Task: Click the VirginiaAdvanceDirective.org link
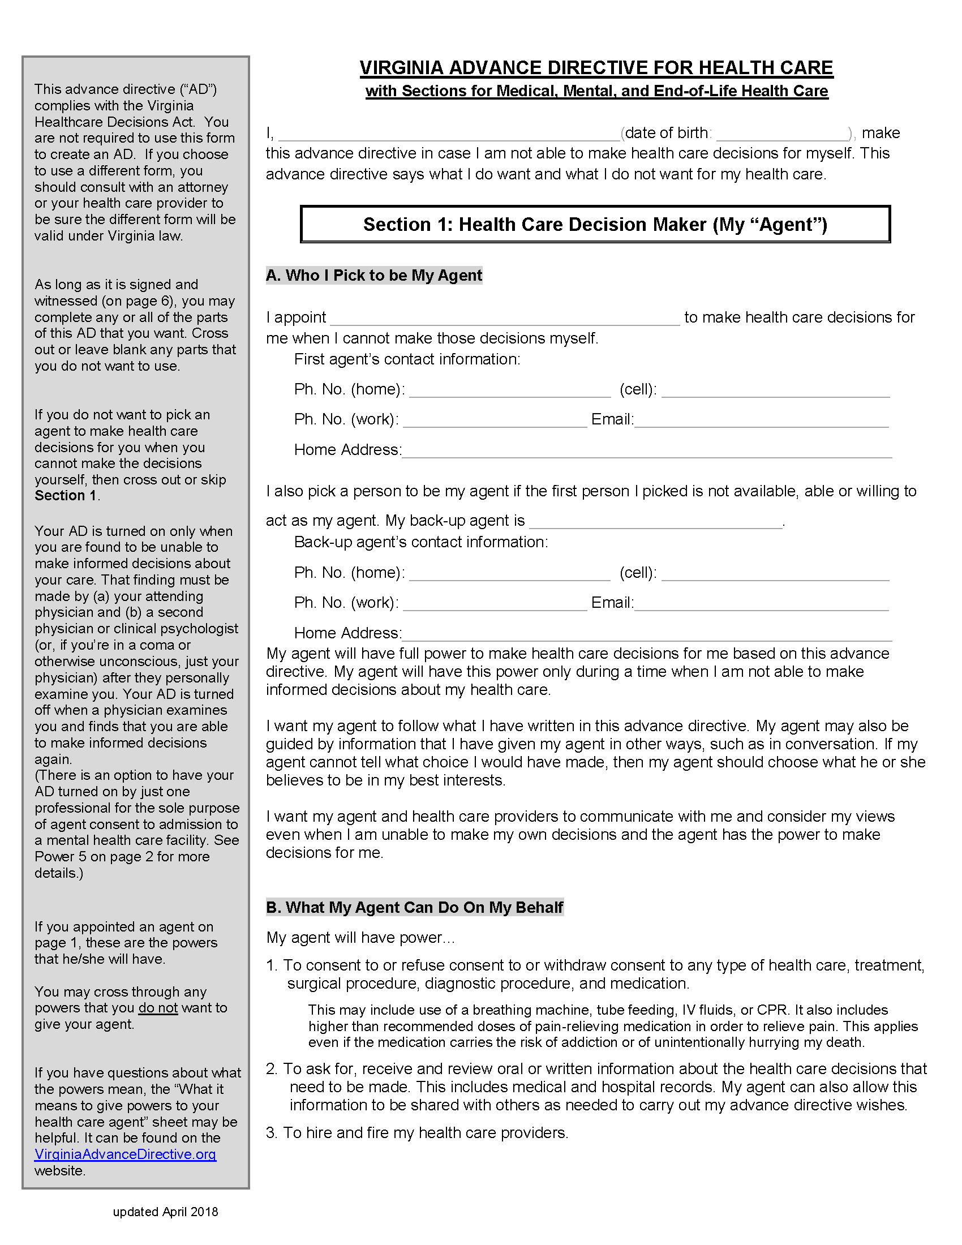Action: pos(125,1154)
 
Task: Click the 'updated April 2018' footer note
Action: pos(165,1212)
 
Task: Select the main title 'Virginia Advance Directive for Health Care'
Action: pos(596,68)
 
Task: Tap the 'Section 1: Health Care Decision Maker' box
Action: pos(595,224)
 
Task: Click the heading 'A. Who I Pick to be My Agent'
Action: pos(374,276)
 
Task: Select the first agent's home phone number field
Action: pos(509,391)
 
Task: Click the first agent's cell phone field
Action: pos(775,391)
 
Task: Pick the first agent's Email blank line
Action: pos(761,421)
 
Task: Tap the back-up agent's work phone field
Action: pos(495,604)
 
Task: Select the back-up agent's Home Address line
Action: pos(647,634)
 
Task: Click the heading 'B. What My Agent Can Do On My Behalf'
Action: pos(415,908)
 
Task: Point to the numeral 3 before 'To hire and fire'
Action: pos(270,1133)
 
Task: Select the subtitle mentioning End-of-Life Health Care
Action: pos(596,91)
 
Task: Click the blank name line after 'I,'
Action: pos(449,135)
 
